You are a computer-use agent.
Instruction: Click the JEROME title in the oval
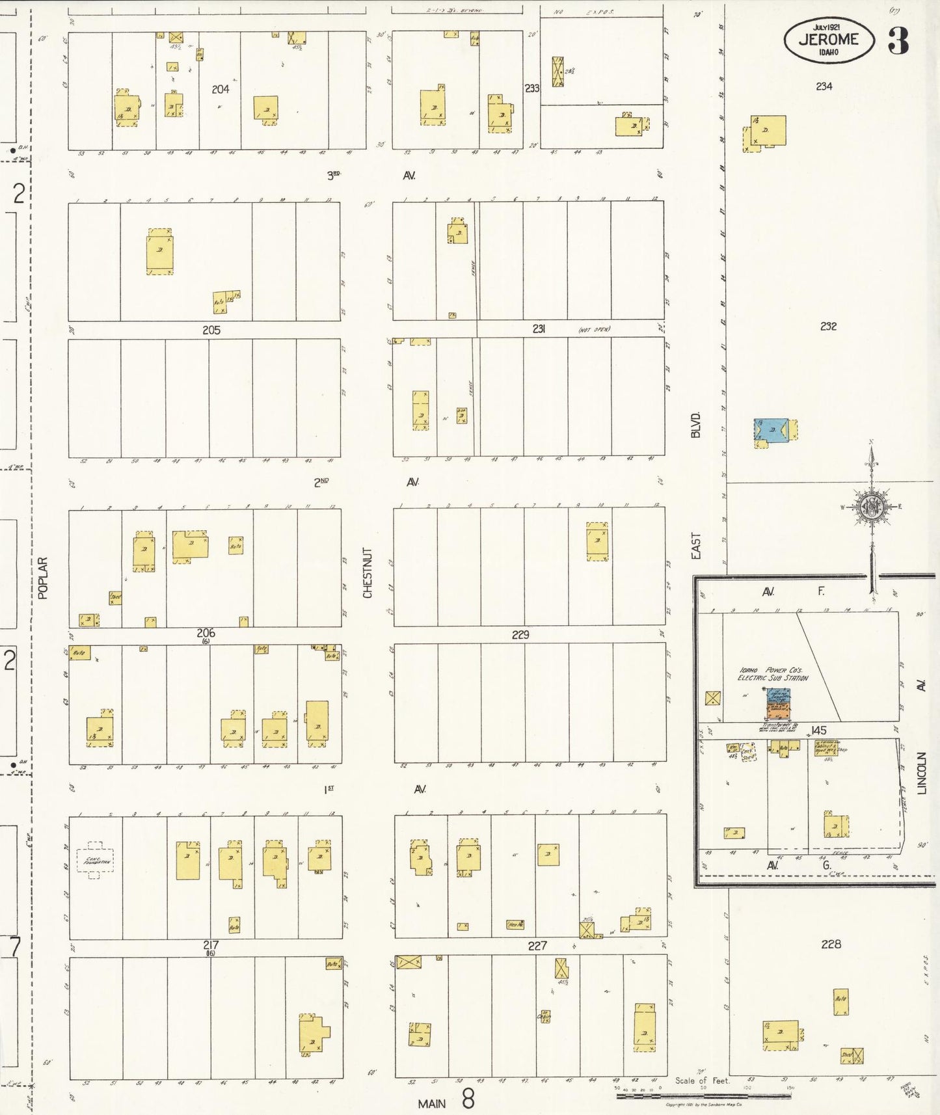coord(828,39)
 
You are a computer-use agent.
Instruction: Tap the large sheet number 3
coord(898,40)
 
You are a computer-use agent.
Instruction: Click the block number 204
coord(221,89)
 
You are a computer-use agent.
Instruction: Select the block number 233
coord(532,88)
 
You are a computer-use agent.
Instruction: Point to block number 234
coord(824,86)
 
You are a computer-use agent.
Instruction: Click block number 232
coord(828,326)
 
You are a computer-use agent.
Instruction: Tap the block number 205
coord(211,330)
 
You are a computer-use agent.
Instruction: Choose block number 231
coord(539,329)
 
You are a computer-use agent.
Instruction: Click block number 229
coord(520,634)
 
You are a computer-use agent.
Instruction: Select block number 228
coord(831,943)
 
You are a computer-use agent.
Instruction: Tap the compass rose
coord(870,507)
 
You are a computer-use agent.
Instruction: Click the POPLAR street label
coord(43,578)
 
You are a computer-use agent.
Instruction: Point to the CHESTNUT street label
coord(368,572)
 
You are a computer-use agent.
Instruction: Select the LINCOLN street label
coord(921,773)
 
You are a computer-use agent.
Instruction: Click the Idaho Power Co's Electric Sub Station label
coord(773,674)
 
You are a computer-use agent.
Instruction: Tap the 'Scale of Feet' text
coord(702,1081)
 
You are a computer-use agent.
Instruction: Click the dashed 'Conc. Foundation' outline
coord(96,860)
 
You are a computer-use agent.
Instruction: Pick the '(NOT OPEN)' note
coord(594,330)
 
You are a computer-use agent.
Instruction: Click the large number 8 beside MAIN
coord(468,1099)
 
